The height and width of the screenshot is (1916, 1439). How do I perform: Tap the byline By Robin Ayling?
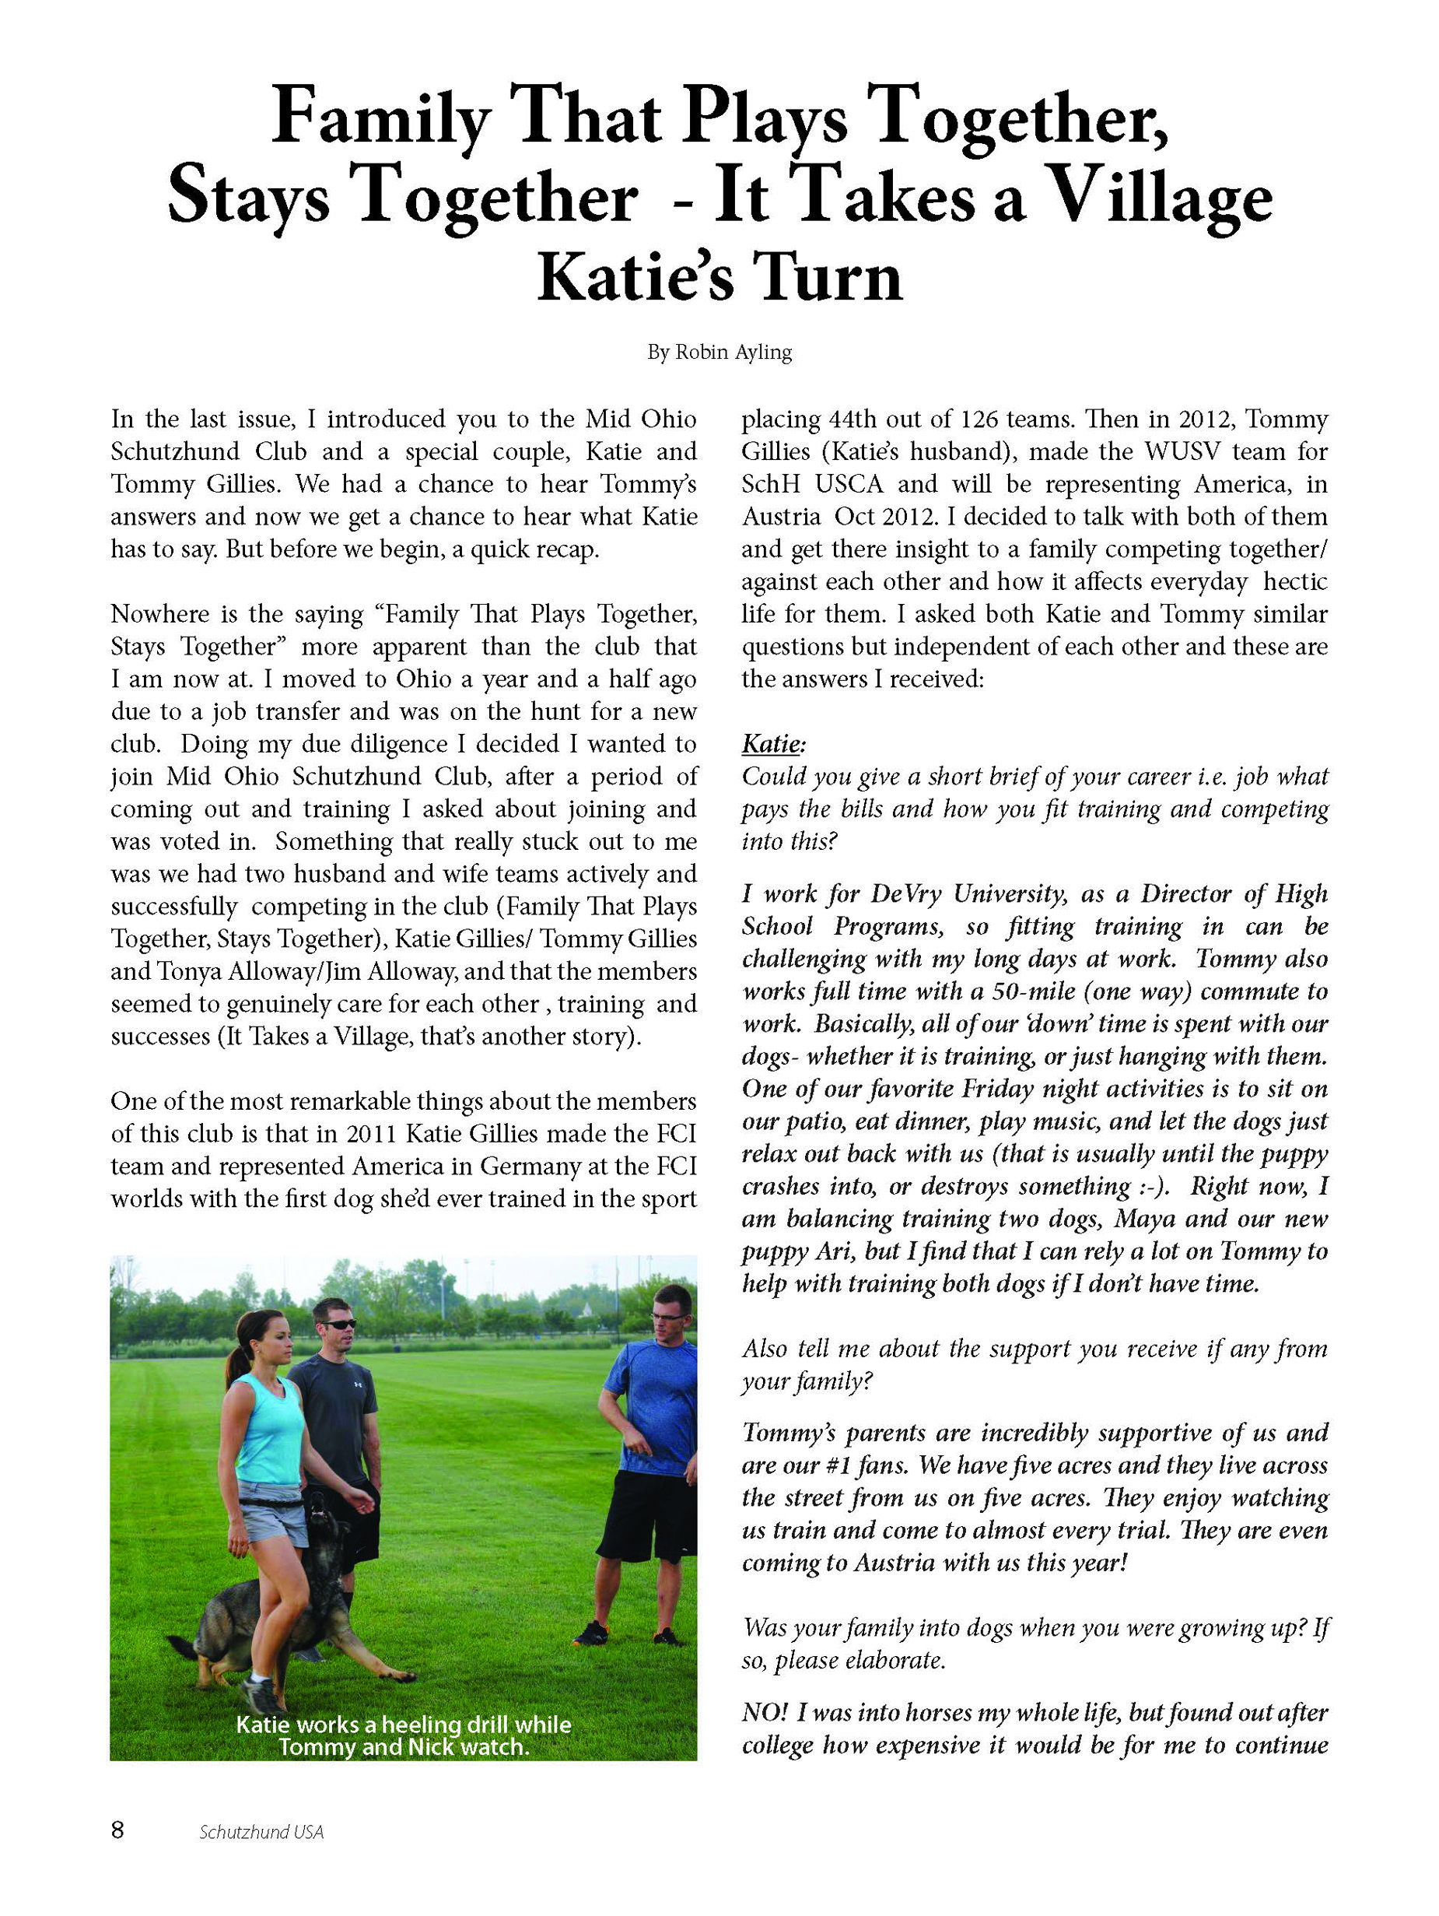click(719, 353)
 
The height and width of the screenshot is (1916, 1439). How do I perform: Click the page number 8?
click(117, 1830)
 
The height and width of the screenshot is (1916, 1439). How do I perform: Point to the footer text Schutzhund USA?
click(261, 1832)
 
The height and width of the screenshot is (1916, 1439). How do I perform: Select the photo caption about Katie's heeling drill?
click(404, 1735)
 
